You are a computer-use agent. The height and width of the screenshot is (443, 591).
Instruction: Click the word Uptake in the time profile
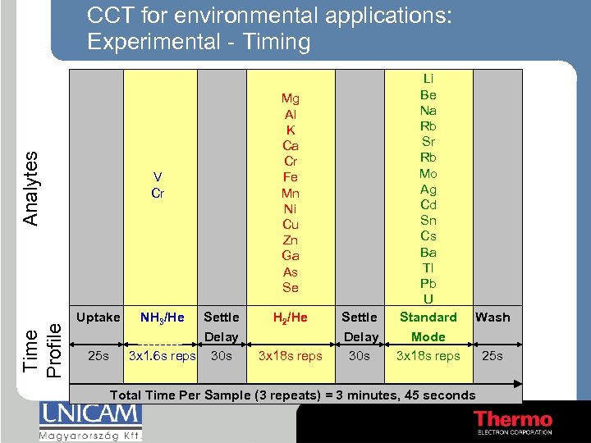point(98,317)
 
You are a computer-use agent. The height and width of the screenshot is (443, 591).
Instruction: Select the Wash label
point(492,317)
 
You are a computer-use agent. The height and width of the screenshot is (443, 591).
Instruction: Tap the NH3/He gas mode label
point(162,317)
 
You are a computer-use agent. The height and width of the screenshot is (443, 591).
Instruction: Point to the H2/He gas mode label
point(291,317)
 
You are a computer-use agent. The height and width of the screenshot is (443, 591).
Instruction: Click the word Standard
point(428,317)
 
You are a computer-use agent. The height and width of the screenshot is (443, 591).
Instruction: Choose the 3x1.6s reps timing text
point(162,356)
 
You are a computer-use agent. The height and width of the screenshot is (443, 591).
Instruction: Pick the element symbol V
point(158,177)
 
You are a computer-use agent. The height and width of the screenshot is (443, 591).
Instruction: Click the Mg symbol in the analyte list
point(291,99)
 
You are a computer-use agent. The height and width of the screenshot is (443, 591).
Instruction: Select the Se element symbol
point(291,288)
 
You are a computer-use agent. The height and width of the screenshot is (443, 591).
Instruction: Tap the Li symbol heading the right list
point(428,79)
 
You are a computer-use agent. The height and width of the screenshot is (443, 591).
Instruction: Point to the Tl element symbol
point(428,267)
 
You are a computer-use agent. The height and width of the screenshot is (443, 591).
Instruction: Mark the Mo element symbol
point(428,173)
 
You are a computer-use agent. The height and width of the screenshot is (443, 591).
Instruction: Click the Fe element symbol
point(291,178)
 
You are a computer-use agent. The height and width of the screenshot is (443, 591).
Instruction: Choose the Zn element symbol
point(291,240)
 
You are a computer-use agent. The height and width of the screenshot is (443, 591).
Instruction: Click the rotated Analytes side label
point(30,189)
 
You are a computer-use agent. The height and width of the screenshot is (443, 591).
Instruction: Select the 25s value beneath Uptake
point(98,356)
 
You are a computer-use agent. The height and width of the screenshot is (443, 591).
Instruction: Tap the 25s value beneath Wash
point(492,356)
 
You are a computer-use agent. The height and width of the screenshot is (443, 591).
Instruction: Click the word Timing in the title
point(273,42)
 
